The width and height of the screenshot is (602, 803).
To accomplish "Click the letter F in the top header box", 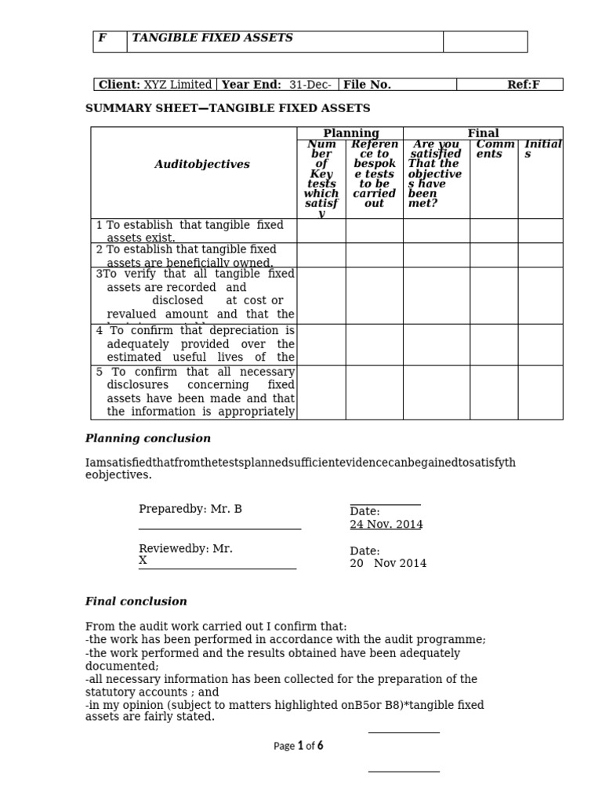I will [102, 38].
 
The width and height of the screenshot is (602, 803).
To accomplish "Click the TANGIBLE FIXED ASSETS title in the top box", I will [212, 38].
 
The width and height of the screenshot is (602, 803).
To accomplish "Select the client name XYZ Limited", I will [177, 85].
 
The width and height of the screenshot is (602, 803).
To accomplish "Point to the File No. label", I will [367, 85].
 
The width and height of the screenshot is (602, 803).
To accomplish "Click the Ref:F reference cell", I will [523, 85].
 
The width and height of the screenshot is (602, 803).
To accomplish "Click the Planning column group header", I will [350, 133].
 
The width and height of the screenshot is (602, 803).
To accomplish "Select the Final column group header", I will [483, 133].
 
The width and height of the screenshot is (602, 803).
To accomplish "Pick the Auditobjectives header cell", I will [202, 165].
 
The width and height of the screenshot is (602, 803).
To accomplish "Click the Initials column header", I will [541, 149].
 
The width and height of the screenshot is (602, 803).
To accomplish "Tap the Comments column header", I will [495, 149].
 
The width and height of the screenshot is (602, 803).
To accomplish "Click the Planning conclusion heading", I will [148, 438].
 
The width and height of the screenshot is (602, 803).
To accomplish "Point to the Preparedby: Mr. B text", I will [190, 509].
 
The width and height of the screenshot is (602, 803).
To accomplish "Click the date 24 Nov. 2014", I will [386, 525].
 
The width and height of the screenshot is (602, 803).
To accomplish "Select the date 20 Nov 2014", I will [389, 563].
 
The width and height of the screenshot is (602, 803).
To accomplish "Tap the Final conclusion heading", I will [136, 601].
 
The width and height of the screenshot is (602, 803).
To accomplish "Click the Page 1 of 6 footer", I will [299, 747].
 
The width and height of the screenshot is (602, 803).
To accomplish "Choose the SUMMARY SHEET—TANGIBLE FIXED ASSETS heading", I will [228, 108].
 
